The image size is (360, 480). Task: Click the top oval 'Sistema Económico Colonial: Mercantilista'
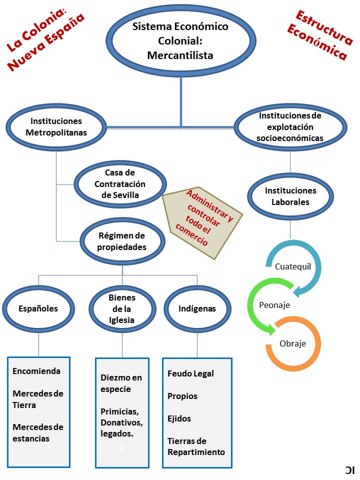[x=180, y=40]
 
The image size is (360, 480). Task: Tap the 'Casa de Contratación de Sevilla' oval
[x=120, y=184]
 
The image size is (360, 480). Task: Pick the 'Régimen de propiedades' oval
[x=122, y=241]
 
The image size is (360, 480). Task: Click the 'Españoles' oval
[x=38, y=308]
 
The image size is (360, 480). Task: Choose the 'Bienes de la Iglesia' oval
[x=122, y=309]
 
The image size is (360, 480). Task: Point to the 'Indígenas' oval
[x=197, y=308]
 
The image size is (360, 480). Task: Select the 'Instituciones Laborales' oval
[x=290, y=196]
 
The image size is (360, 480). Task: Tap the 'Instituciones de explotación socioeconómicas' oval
[x=290, y=126]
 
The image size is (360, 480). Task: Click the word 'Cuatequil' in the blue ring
[x=293, y=266]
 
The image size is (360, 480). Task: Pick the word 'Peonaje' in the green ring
[x=274, y=305]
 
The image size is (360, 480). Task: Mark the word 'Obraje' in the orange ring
[x=292, y=343]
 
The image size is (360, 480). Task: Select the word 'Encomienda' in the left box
[x=36, y=371]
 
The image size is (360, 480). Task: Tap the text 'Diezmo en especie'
[x=121, y=383]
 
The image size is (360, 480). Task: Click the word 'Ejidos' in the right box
[x=179, y=418]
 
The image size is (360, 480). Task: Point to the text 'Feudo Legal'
[x=190, y=373]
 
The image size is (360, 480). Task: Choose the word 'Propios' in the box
[x=182, y=396]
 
